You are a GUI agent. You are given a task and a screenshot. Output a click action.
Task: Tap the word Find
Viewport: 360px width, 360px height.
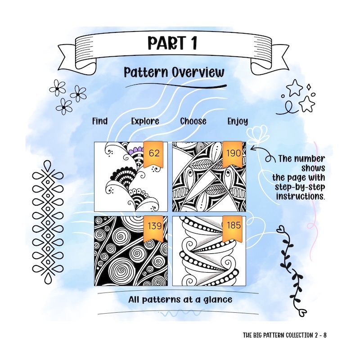coord(99,121)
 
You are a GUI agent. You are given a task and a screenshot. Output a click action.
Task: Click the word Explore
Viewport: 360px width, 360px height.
coord(145,121)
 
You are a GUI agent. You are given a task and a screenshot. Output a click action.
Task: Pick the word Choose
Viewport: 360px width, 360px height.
coord(193,121)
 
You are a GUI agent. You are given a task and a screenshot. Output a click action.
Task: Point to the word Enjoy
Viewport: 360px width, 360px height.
coord(238,121)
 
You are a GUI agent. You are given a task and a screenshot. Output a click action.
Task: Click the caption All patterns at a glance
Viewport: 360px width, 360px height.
coord(174,299)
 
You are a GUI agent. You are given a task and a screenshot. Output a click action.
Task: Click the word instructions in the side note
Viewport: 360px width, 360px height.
coord(302,197)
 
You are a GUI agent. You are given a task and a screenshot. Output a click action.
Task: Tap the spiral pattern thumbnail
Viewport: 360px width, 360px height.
coord(130,251)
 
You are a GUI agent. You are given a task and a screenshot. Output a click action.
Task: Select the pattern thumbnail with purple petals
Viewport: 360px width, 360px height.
coord(130,176)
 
